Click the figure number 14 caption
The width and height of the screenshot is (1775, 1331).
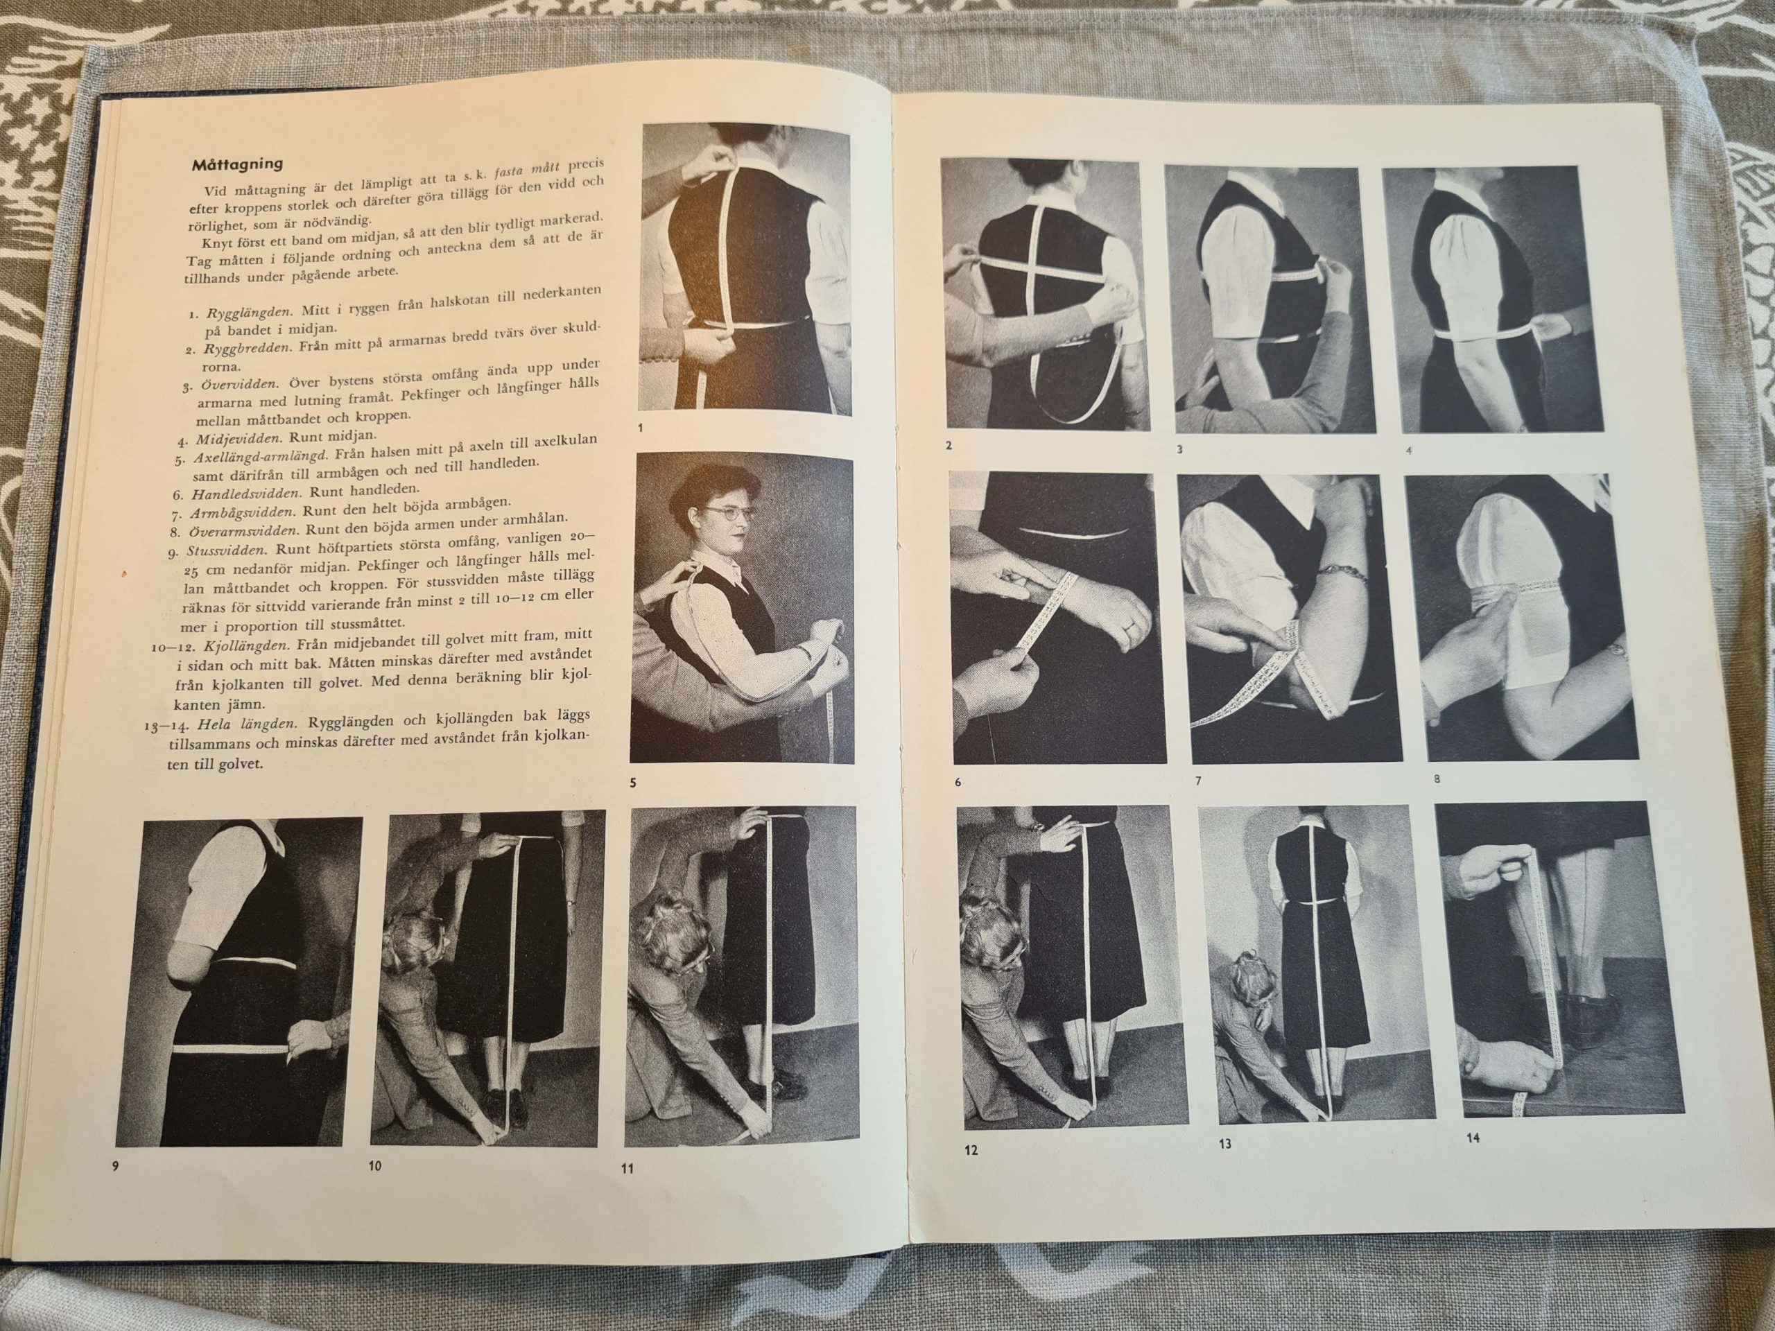(1473, 1137)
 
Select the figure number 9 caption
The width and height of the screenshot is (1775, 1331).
(116, 1166)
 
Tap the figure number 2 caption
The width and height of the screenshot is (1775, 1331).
(949, 445)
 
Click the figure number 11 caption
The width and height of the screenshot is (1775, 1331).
(627, 1168)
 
